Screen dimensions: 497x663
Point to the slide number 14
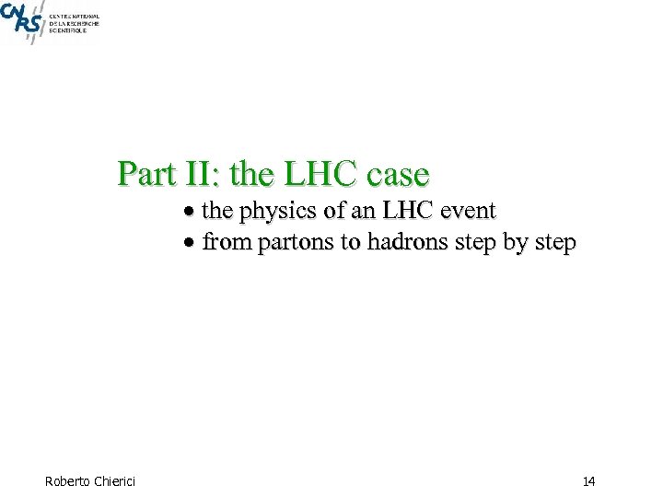tap(589, 480)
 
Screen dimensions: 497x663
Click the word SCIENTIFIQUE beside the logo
tap(68, 30)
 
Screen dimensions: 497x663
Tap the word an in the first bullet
tap(360, 211)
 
